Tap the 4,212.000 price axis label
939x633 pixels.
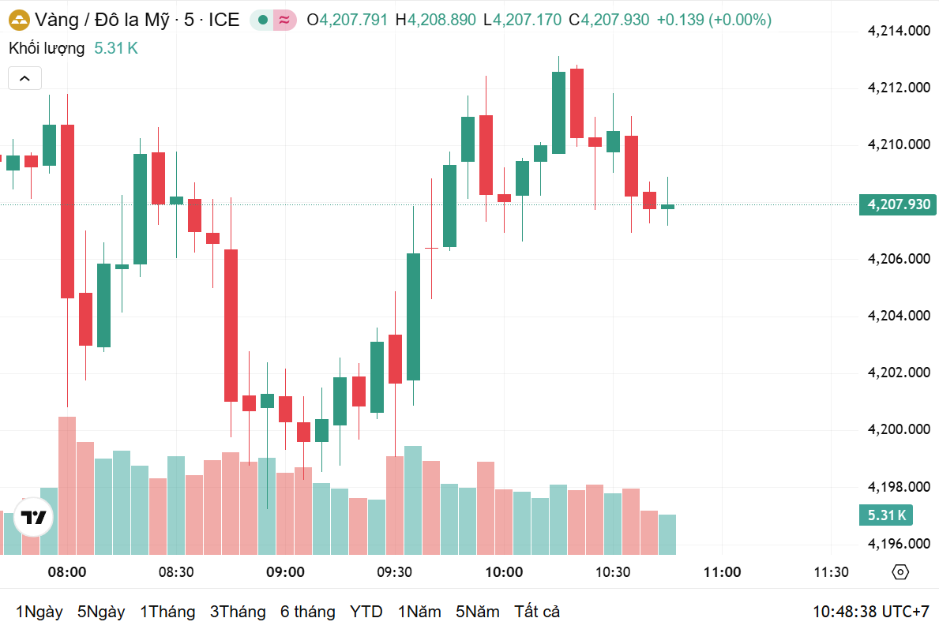point(898,88)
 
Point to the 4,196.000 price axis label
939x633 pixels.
point(898,544)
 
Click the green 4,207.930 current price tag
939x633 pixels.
point(898,205)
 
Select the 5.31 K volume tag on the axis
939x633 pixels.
point(886,516)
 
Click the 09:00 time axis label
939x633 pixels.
point(285,572)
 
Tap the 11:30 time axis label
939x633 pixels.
point(831,572)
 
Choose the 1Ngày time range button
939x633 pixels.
point(39,612)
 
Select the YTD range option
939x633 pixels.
point(366,612)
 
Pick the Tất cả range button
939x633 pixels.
point(537,612)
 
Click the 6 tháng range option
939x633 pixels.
point(307,612)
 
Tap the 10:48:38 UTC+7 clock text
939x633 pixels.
point(871,612)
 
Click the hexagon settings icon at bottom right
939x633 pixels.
point(900,572)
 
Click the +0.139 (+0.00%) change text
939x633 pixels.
point(714,20)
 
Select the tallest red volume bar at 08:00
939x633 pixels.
point(67,485)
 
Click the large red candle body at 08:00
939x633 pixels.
point(67,211)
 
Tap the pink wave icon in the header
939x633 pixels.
point(284,20)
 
